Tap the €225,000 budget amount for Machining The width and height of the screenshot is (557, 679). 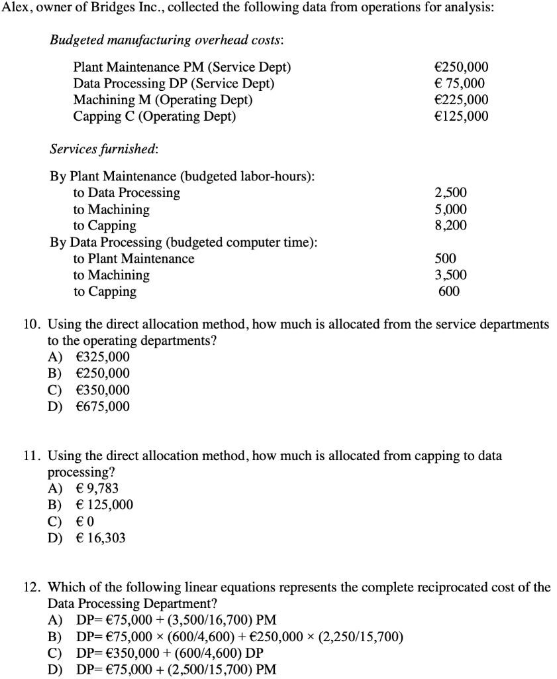pos(461,100)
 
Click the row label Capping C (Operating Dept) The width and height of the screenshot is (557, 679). pos(154,117)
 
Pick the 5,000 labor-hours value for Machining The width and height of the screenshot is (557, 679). pos(450,210)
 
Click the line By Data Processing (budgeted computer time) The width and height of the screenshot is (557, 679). pos(183,242)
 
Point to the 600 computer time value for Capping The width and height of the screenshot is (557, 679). pos(449,292)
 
